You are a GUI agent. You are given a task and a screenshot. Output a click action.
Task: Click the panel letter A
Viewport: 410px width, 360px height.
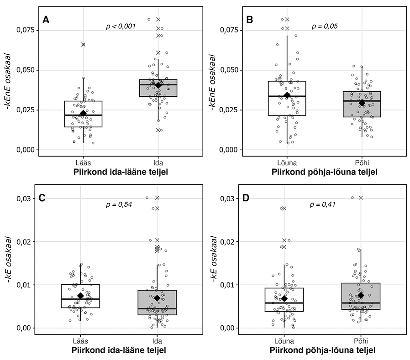click(46, 20)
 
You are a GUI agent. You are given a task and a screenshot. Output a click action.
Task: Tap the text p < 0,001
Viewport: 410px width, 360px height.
click(121, 26)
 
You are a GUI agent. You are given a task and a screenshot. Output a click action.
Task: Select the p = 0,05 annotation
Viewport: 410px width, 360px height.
click(325, 26)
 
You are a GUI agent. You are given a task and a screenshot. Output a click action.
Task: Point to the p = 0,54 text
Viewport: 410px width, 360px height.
click(119, 204)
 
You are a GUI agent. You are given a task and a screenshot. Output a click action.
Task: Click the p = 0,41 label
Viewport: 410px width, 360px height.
click(323, 204)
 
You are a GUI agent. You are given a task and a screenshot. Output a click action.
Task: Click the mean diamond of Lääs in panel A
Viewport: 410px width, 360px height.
click(83, 113)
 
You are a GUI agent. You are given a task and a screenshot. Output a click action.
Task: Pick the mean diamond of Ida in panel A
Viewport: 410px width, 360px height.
click(158, 85)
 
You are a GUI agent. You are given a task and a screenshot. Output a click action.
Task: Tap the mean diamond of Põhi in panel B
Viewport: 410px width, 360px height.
click(362, 103)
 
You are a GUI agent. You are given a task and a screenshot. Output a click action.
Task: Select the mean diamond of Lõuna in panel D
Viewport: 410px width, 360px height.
click(284, 298)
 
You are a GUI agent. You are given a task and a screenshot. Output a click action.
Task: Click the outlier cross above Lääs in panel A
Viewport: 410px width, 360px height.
click(83, 44)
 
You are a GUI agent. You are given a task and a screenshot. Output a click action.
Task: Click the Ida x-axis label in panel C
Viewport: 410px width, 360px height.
click(158, 341)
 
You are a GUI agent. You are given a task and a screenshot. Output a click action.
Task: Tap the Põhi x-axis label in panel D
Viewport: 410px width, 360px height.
click(362, 341)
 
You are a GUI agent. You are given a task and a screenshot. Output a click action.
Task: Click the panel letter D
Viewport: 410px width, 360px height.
click(250, 198)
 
